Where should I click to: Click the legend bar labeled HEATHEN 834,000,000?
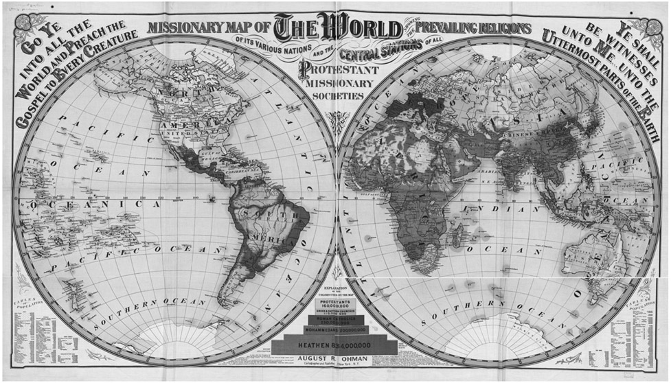coord(334,345)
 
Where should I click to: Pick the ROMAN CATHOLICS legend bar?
coord(334,320)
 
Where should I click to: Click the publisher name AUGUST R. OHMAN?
coord(334,360)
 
